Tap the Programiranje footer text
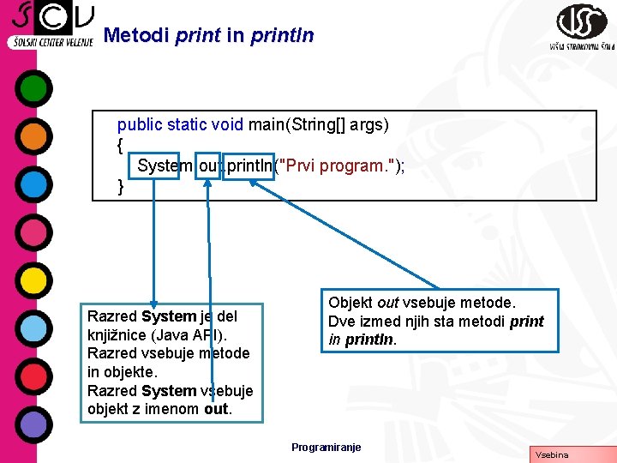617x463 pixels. (326, 447)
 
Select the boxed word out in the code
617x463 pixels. (208, 165)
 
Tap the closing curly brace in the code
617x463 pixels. (121, 186)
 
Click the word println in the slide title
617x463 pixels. (282, 36)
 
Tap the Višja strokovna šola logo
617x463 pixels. (581, 27)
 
